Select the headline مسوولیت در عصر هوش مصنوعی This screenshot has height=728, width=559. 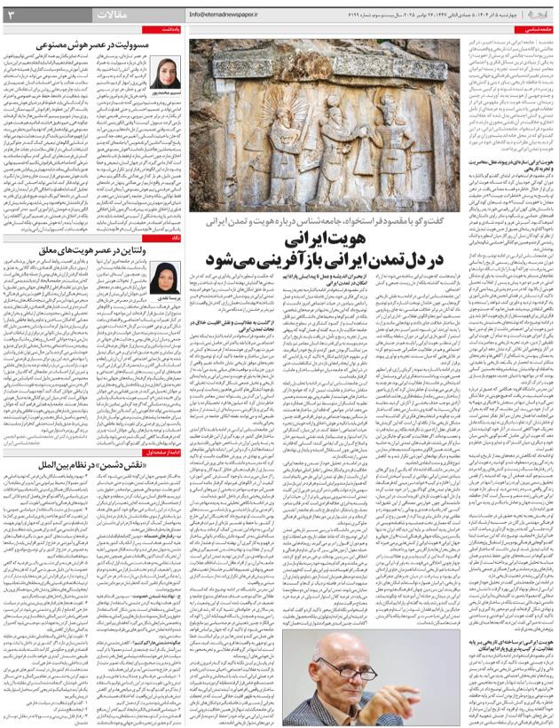pos(92,44)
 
